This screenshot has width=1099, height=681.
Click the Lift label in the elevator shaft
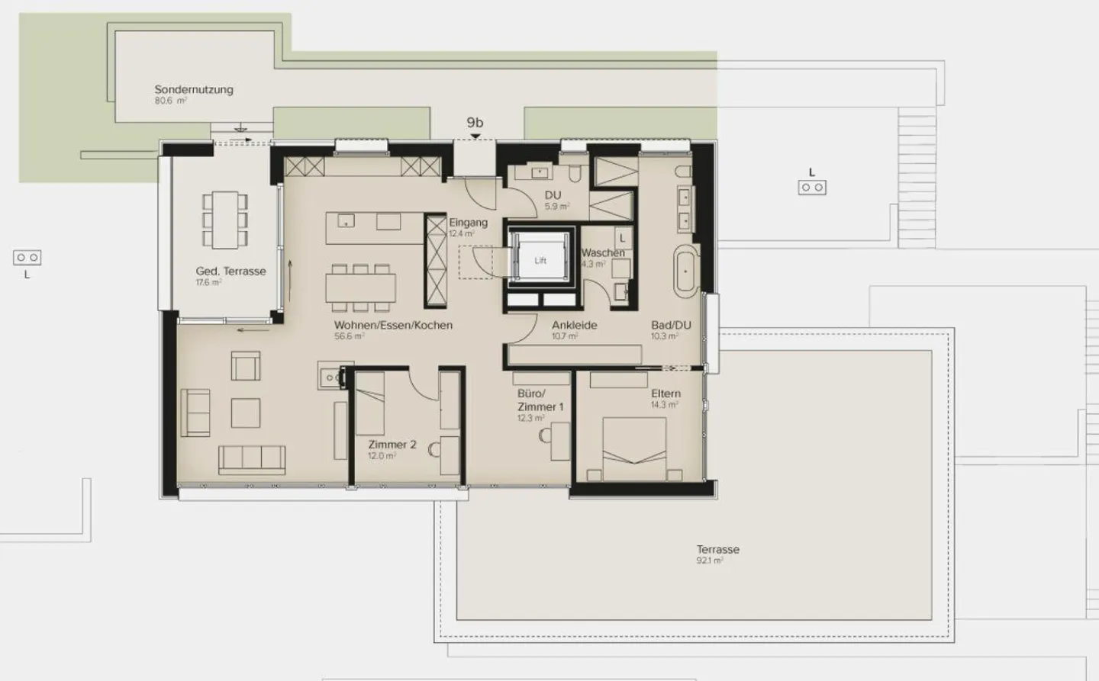[540, 261]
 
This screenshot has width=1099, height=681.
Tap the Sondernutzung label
[194, 90]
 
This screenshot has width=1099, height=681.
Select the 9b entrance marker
[475, 123]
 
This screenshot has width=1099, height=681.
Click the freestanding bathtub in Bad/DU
[685, 271]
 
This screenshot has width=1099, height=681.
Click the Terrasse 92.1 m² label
[717, 550]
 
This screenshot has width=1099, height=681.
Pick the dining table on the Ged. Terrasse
[225, 220]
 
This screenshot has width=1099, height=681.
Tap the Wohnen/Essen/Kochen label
[393, 326]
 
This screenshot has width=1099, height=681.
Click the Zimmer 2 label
[392, 445]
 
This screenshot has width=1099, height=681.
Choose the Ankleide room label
[574, 326]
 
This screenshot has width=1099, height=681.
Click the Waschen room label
[602, 253]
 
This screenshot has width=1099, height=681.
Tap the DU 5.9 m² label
[553, 196]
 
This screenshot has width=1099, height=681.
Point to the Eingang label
[468, 223]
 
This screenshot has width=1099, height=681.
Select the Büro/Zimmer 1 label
[540, 400]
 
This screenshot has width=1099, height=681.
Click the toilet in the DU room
[574, 172]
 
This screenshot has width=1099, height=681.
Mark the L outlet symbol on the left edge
[27, 259]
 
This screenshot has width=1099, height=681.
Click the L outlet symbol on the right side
[812, 187]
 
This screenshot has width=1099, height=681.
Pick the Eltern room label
[666, 394]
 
